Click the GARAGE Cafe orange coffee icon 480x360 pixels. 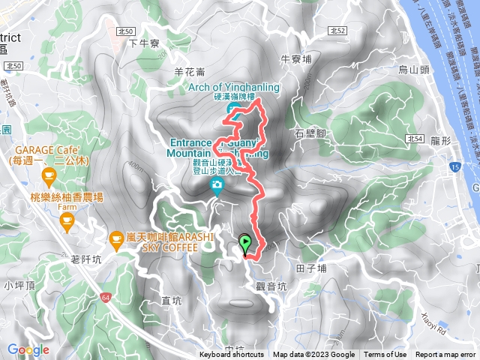49,178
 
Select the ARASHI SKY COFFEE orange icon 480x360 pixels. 116,240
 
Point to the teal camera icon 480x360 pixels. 217,185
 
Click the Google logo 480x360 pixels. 28,349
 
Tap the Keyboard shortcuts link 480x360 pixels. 232,355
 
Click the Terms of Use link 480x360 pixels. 385,355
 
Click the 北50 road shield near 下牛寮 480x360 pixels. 126,30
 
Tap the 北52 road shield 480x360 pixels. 337,30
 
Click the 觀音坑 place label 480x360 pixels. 271,285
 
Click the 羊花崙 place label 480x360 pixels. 189,72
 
